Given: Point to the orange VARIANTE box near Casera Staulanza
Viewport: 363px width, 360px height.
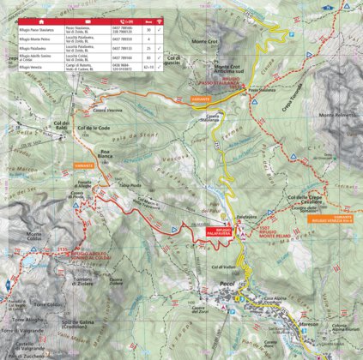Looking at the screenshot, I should pyautogui.click(x=193, y=99).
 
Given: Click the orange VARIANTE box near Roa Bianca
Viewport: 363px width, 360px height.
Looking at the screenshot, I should pyautogui.click(x=83, y=165).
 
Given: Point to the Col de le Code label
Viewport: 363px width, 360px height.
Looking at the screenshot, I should pyautogui.click(x=94, y=128).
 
